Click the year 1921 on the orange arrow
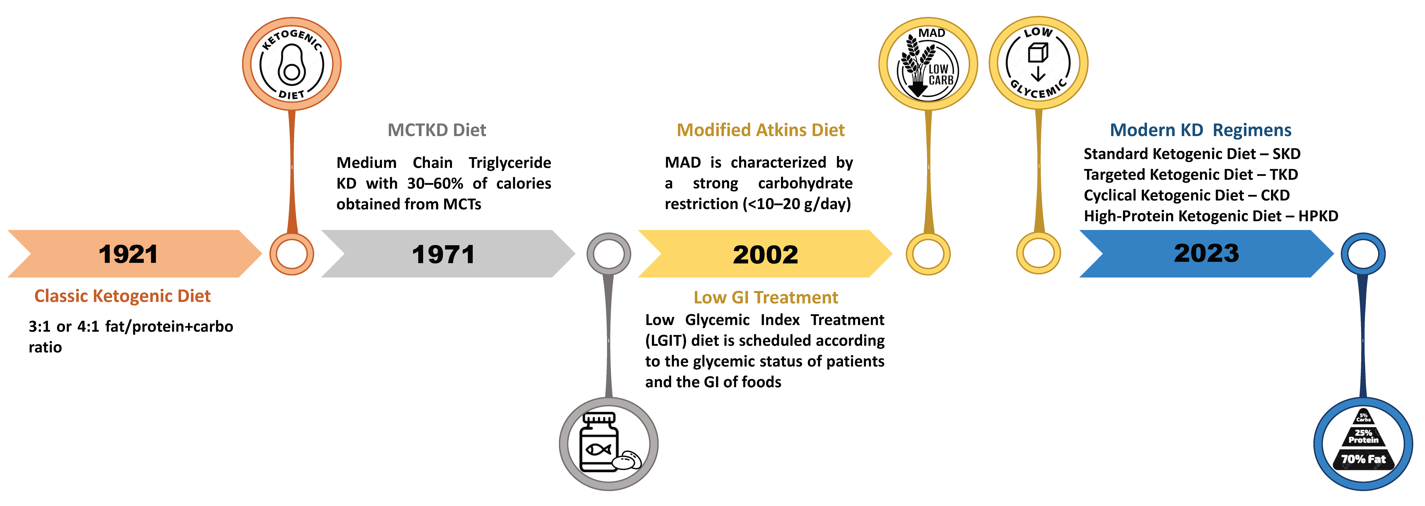[x=128, y=254]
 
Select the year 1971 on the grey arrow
[x=443, y=254]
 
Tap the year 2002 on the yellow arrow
[x=766, y=254]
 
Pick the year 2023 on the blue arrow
[x=1206, y=253]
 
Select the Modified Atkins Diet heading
[x=761, y=130]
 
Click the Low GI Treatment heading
[x=766, y=297]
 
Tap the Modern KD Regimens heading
[x=1200, y=130]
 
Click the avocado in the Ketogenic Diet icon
[x=292, y=65]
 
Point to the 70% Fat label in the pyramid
[x=1363, y=459]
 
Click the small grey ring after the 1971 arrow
[x=608, y=254]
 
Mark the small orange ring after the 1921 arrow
[x=292, y=254]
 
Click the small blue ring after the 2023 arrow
[x=1363, y=254]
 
